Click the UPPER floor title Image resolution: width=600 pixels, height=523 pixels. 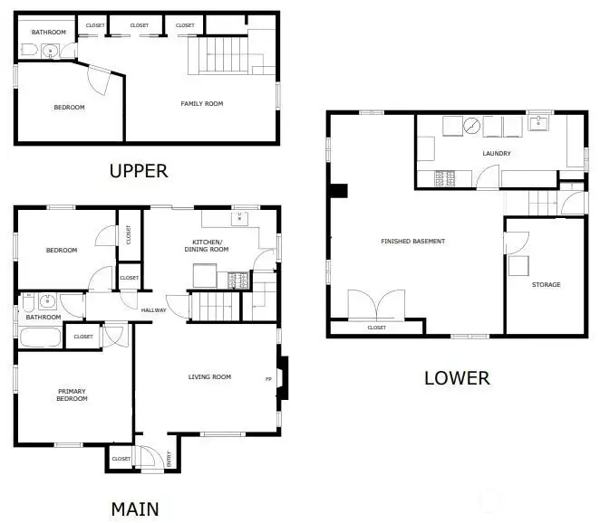tap(139, 171)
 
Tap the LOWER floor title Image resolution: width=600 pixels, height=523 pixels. tap(458, 378)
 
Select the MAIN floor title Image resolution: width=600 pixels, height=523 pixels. tap(135, 509)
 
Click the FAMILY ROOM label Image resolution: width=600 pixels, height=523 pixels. tap(201, 103)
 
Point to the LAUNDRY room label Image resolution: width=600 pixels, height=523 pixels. tap(497, 153)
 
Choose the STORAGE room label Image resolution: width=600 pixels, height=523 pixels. tap(546, 285)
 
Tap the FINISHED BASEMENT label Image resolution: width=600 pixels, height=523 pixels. tap(413, 241)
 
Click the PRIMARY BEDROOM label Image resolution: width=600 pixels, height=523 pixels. tap(72, 395)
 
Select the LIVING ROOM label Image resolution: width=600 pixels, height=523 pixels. tap(209, 376)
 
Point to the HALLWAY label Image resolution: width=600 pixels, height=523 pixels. tap(153, 310)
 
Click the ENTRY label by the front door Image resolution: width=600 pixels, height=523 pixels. tap(169, 459)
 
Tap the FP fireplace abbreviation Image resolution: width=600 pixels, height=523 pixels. tap(268, 379)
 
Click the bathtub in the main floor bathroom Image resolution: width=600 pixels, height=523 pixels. tap(40, 338)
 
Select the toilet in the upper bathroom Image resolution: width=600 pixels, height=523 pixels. tap(29, 50)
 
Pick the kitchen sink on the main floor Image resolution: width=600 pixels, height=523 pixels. tap(239, 219)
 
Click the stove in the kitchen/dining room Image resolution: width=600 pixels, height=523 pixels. tap(238, 281)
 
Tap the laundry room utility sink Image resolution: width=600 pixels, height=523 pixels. tap(538, 123)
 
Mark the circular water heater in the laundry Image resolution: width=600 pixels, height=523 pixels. tap(472, 126)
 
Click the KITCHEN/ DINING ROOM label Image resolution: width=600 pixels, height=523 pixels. tap(207, 245)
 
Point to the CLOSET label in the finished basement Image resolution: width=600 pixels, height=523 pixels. tap(376, 328)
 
